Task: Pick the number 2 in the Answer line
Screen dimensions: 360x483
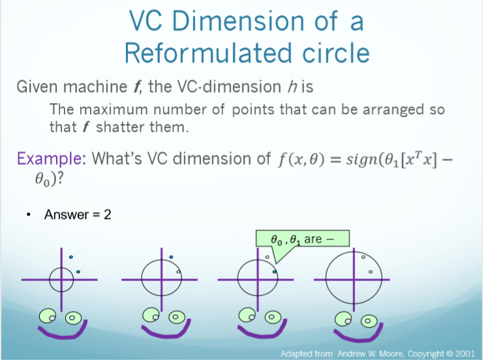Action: (x=108, y=214)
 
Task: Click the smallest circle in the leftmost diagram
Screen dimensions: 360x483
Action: (x=61, y=279)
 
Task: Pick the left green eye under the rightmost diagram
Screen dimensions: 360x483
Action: (x=344, y=319)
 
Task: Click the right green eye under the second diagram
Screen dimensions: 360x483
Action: (x=174, y=318)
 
